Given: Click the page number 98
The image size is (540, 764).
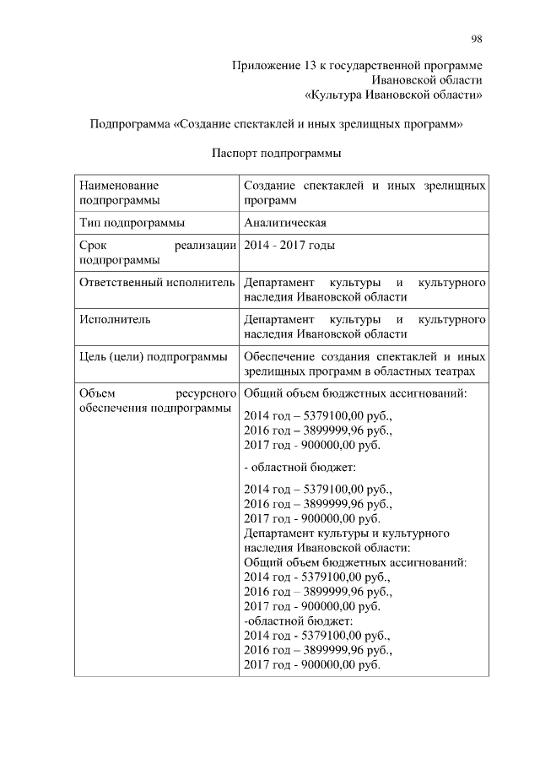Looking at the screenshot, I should click(x=477, y=39).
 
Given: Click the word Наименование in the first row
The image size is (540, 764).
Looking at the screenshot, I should click(x=119, y=185).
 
